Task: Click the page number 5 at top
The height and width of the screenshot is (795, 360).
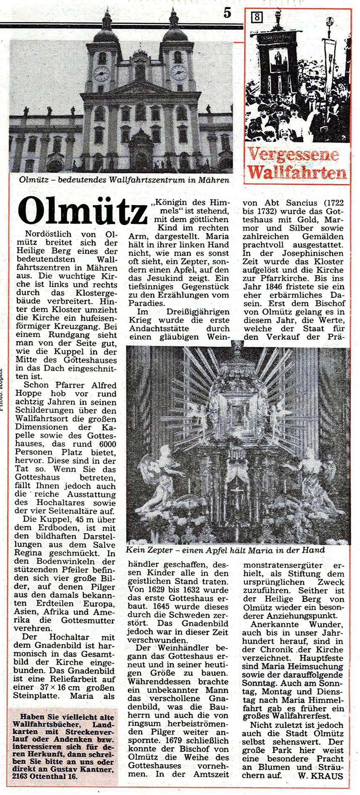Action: [227, 13]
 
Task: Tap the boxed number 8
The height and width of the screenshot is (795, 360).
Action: [257, 17]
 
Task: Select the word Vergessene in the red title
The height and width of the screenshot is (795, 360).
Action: [293, 154]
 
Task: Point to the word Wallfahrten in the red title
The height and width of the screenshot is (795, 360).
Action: [297, 172]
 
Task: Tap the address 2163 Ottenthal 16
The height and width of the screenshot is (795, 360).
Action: [45, 777]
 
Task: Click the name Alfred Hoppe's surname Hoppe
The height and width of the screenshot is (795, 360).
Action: [29, 393]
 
